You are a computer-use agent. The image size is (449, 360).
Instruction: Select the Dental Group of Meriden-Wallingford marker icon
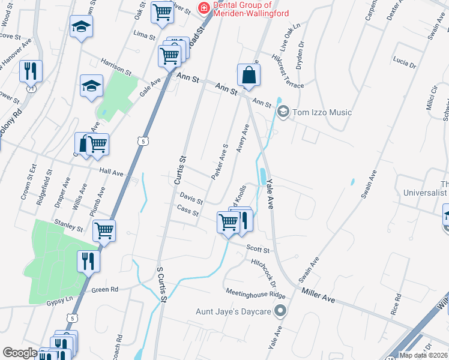tap(204, 8)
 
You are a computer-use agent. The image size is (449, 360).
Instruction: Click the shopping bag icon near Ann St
tap(248, 76)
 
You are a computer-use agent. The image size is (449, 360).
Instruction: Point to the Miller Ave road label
tap(318, 293)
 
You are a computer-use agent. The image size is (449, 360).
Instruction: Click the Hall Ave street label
tap(112, 173)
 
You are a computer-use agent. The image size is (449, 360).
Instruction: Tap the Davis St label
tap(191, 197)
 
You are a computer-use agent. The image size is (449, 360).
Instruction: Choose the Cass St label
tap(187, 210)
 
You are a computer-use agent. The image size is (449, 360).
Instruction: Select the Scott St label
tap(258, 249)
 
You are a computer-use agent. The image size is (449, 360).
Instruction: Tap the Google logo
tap(20, 353)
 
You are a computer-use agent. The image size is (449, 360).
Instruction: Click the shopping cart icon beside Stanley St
tap(104, 229)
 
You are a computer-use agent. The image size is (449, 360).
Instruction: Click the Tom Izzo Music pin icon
tap(283, 112)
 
